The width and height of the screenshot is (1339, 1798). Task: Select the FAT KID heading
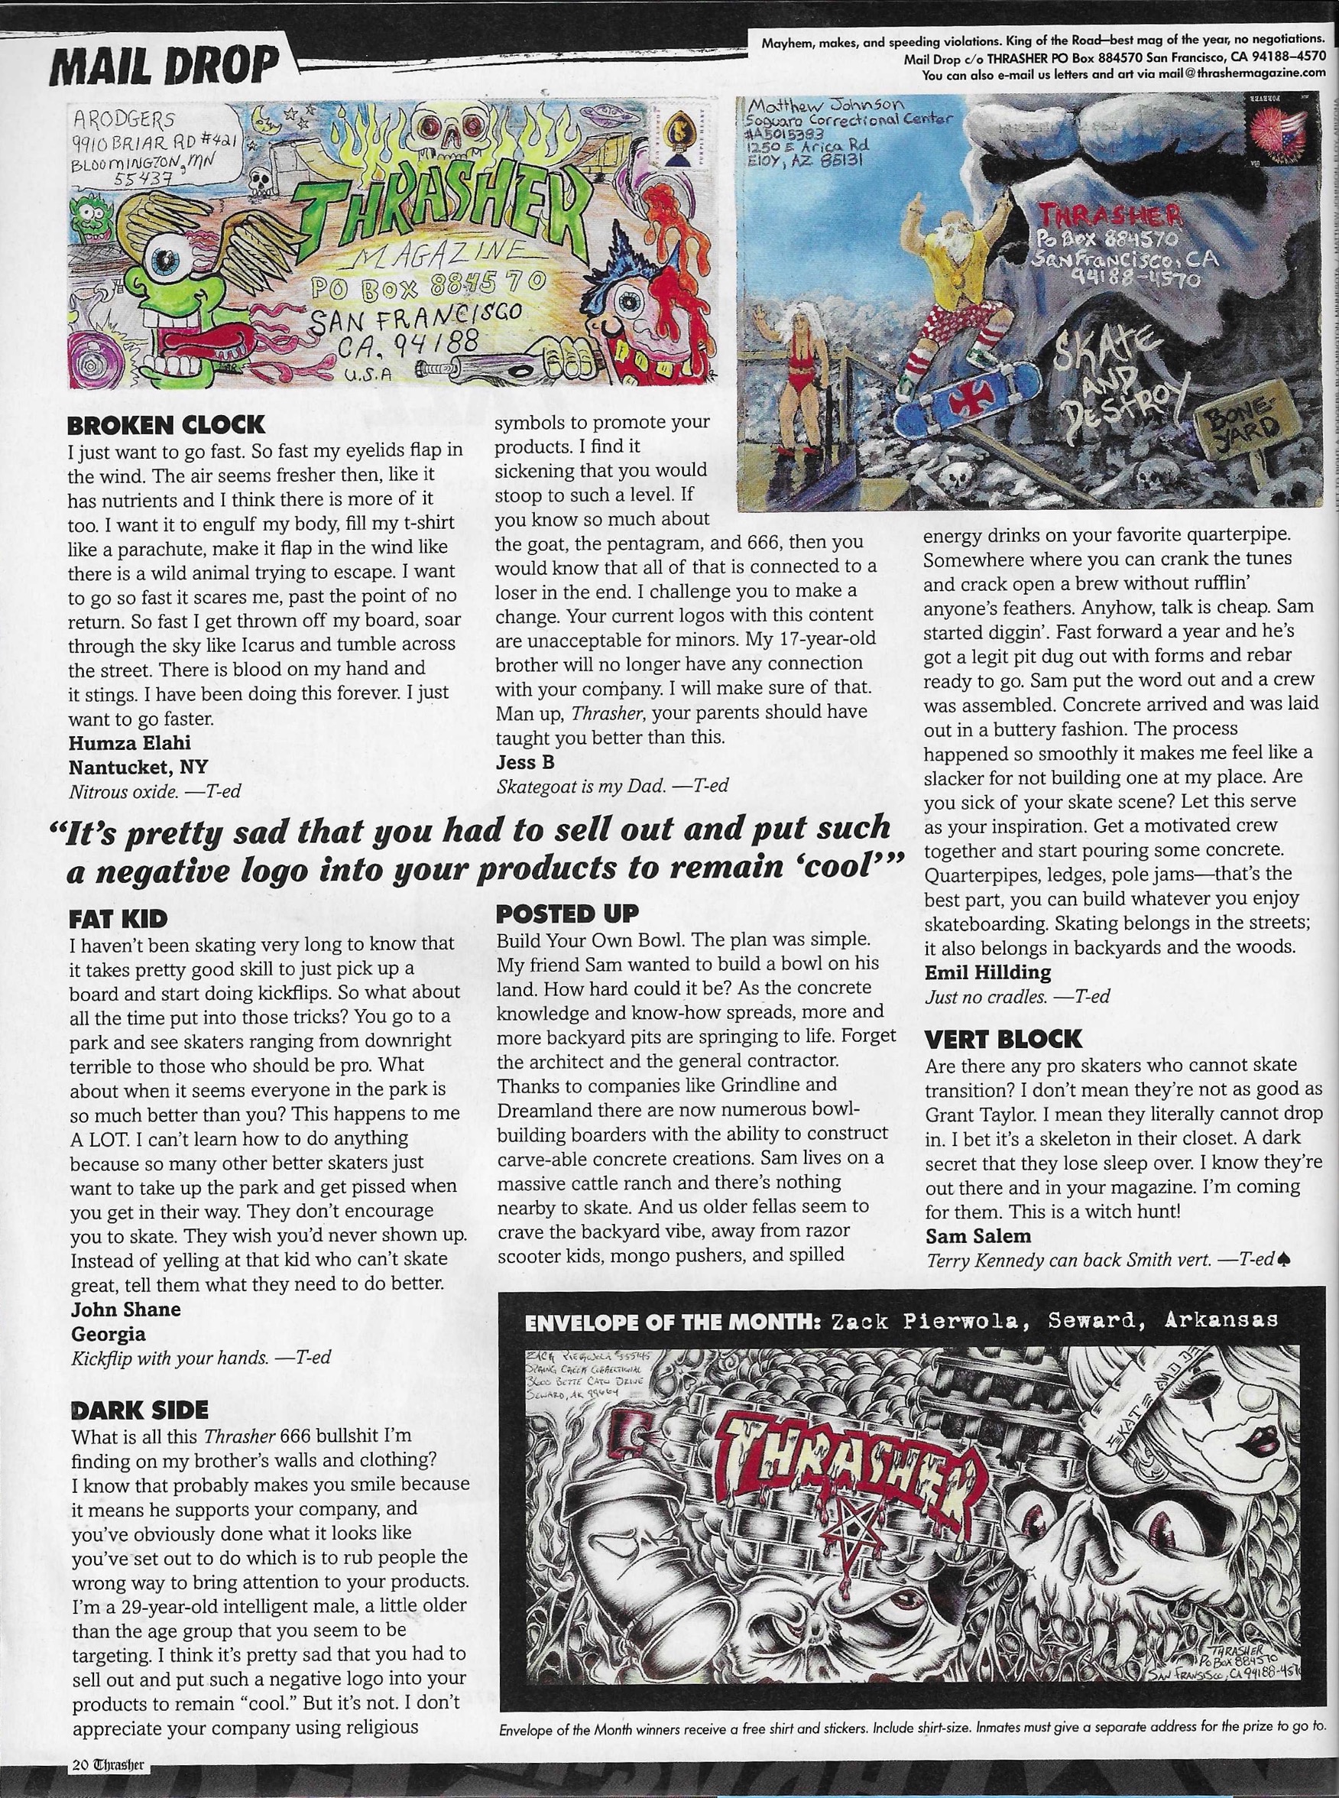coord(118,917)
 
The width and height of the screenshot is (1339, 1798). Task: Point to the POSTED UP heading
coord(566,913)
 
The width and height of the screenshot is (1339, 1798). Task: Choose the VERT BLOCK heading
coord(1003,1038)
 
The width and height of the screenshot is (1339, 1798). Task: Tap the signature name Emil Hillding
coord(987,971)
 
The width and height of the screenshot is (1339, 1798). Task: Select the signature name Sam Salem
coord(978,1237)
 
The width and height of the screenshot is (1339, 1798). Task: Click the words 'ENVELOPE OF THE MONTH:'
coord(667,1323)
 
